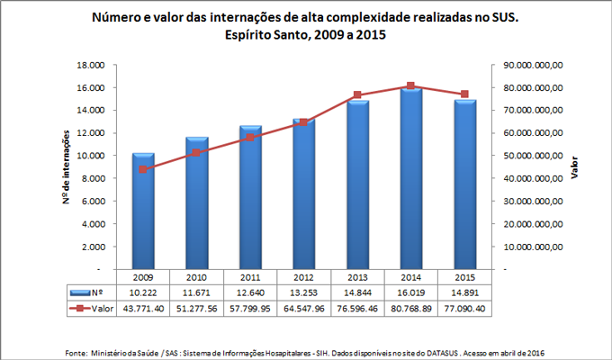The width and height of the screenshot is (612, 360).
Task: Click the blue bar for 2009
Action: [144, 211]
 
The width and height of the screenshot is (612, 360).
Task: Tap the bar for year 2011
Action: [250, 198]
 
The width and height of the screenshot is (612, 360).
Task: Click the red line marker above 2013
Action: [357, 94]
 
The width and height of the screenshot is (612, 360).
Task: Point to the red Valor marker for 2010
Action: [197, 153]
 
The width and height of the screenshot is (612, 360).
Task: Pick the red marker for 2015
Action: [464, 94]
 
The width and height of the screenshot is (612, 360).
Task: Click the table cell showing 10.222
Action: [144, 293]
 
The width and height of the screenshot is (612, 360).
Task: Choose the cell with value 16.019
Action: [410, 293]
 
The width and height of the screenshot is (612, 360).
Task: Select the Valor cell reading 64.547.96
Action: [304, 308]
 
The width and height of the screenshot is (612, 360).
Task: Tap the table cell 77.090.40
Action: [464, 308]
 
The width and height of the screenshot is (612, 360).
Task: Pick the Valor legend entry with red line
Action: [91, 308]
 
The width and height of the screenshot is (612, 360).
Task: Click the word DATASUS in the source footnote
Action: [470, 351]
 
